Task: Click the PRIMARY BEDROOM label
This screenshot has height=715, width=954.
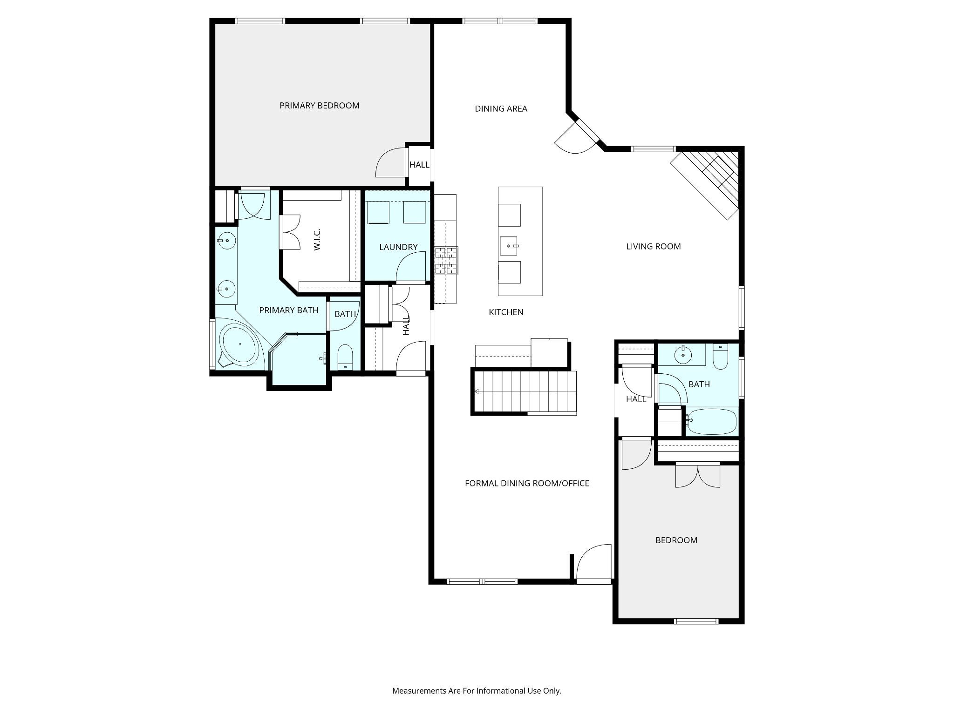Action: [x=319, y=106]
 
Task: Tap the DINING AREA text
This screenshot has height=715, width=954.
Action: [x=501, y=109]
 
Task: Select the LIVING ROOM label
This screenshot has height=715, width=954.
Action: [x=653, y=247]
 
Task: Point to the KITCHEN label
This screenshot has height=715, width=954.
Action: [x=506, y=312]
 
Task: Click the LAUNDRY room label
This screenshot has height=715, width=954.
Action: [x=398, y=247]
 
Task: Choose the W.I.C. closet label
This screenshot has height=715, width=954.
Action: [x=317, y=240]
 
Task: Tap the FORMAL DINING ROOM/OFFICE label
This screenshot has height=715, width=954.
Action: [x=527, y=484]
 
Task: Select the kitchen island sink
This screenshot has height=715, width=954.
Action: [x=509, y=246]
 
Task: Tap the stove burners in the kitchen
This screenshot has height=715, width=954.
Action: [x=446, y=261]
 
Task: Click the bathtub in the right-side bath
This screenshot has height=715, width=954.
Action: [x=711, y=421]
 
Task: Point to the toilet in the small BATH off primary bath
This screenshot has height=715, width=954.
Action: [x=345, y=357]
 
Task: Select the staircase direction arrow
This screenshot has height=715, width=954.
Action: [x=477, y=391]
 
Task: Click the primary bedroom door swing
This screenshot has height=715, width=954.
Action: [x=391, y=162]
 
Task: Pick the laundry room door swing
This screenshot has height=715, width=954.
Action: [x=411, y=266]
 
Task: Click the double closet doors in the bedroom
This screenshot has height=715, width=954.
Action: [x=698, y=476]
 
